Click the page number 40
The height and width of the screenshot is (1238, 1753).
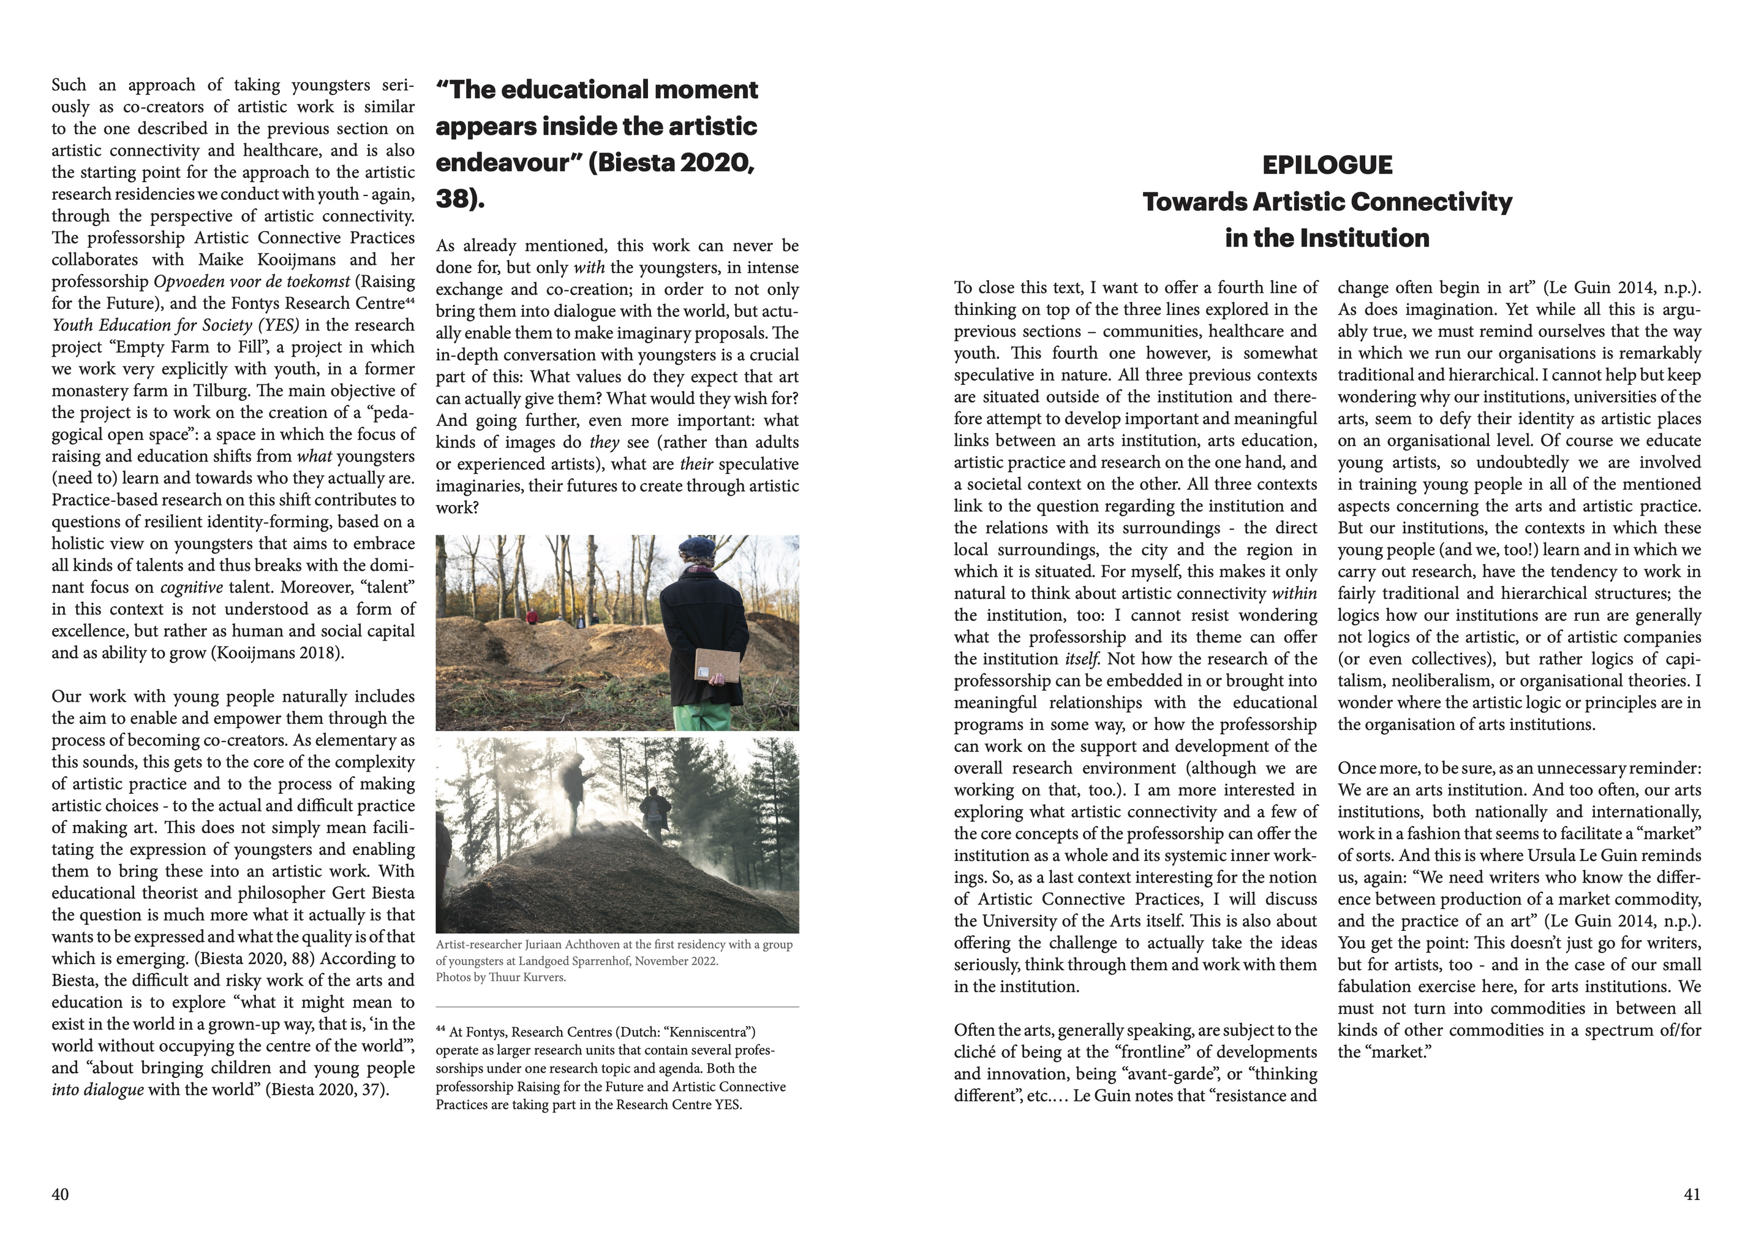(x=60, y=1194)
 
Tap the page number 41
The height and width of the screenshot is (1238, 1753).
(x=1692, y=1194)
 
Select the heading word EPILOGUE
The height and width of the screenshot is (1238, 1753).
(x=1327, y=165)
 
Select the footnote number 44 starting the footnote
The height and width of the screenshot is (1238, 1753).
(x=440, y=1030)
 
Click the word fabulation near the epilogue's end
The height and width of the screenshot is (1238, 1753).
(x=1381, y=987)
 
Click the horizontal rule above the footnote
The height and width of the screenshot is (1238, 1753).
(x=617, y=1008)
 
